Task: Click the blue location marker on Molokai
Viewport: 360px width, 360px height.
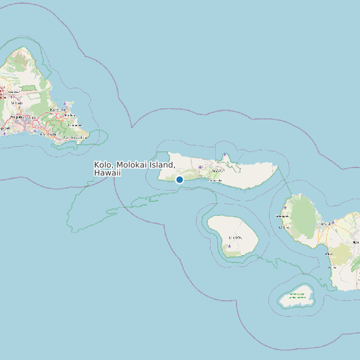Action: pyautogui.click(x=179, y=179)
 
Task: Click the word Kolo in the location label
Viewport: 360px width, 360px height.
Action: pyautogui.click(x=103, y=165)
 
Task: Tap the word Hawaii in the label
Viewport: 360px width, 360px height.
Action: pyautogui.click(x=108, y=173)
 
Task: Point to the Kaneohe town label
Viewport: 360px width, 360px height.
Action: pyautogui.click(x=56, y=109)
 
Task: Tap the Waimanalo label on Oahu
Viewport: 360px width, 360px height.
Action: pyautogui.click(x=74, y=125)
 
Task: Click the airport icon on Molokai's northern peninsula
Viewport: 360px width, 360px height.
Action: pyautogui.click(x=225, y=156)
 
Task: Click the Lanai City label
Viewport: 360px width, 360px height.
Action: pyautogui.click(x=234, y=237)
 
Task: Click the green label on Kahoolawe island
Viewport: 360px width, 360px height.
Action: pyautogui.click(x=296, y=296)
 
